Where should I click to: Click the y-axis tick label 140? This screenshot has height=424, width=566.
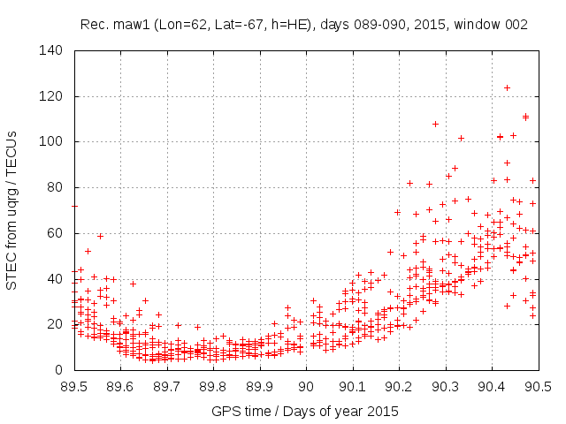50,50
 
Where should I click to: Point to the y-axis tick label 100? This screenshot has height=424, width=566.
50,141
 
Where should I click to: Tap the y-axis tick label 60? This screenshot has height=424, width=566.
54,233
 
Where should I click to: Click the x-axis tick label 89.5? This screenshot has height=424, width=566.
73,387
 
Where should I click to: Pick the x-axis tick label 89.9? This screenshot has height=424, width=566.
260,387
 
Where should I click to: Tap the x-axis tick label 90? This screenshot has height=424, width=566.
307,387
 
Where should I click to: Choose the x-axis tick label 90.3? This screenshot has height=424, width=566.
446,387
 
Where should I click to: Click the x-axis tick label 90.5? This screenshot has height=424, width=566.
539,387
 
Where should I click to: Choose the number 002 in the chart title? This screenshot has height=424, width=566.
516,25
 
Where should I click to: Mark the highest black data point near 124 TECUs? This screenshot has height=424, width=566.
507,87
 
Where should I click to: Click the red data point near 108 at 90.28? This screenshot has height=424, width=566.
435,124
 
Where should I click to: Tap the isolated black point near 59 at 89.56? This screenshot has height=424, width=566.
100,236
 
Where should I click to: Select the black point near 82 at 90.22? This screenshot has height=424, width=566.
409,183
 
